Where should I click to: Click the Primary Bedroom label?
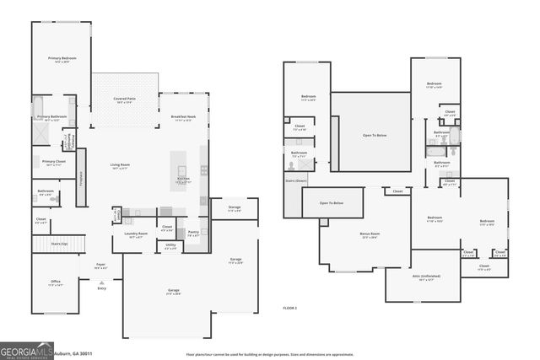(x=62, y=57)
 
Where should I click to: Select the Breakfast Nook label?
(x=183, y=116)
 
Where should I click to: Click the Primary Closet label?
(x=53, y=160)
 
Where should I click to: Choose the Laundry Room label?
(x=136, y=234)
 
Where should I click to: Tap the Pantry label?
(x=193, y=232)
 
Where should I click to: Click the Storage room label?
(x=234, y=208)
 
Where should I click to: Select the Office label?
(x=55, y=282)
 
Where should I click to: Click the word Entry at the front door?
(x=101, y=288)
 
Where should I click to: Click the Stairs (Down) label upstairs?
(x=296, y=180)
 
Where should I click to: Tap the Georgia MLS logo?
(x=26, y=350)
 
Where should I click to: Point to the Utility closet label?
(x=170, y=245)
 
